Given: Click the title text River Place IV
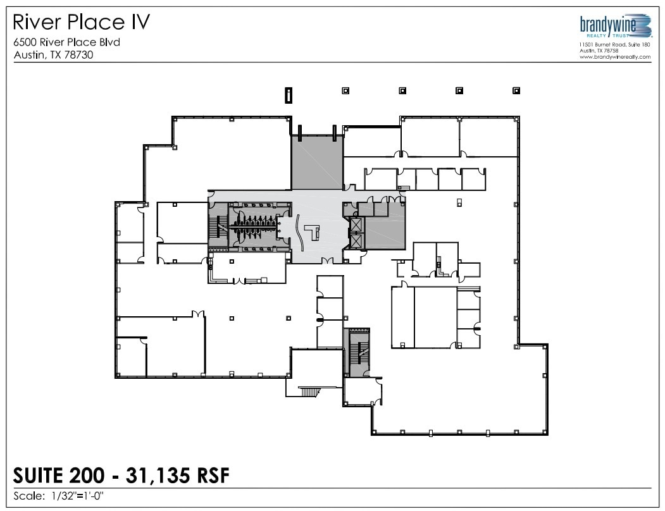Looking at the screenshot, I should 82,23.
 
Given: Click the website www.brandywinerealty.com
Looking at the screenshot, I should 614,57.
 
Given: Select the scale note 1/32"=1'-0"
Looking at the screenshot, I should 76,496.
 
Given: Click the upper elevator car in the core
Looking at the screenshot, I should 356,225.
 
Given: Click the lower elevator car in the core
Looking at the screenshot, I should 356,240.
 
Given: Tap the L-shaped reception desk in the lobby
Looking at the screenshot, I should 313,233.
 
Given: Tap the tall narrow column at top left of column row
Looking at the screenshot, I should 287,95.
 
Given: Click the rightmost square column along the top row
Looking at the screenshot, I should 516,90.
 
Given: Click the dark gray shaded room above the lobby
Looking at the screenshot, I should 316,162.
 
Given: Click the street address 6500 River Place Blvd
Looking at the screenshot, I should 66,42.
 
